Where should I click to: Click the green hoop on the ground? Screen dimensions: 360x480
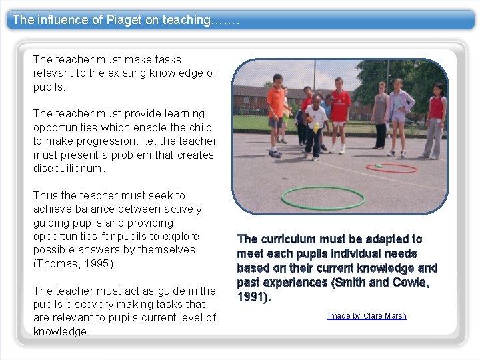(322, 197)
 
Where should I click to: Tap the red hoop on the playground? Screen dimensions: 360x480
(392, 167)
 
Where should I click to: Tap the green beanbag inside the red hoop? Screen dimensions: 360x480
(378, 165)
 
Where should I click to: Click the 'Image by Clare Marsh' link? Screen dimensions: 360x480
(367, 316)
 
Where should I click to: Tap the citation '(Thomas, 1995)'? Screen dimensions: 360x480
(75, 263)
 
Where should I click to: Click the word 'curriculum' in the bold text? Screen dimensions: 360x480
(289, 239)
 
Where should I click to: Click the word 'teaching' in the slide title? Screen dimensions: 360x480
(185, 20)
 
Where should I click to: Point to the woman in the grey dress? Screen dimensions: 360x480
(381, 113)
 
